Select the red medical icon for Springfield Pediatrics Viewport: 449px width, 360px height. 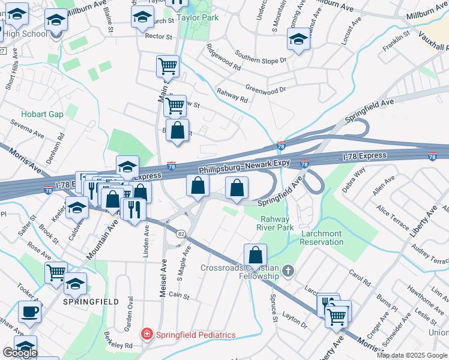click(x=145, y=334)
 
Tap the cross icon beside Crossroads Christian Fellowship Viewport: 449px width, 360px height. click(x=288, y=272)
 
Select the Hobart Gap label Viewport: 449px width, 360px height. click(x=42, y=114)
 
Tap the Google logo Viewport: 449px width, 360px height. click(x=20, y=353)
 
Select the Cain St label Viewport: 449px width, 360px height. click(x=179, y=295)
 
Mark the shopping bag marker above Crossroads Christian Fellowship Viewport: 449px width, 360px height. click(x=255, y=254)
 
